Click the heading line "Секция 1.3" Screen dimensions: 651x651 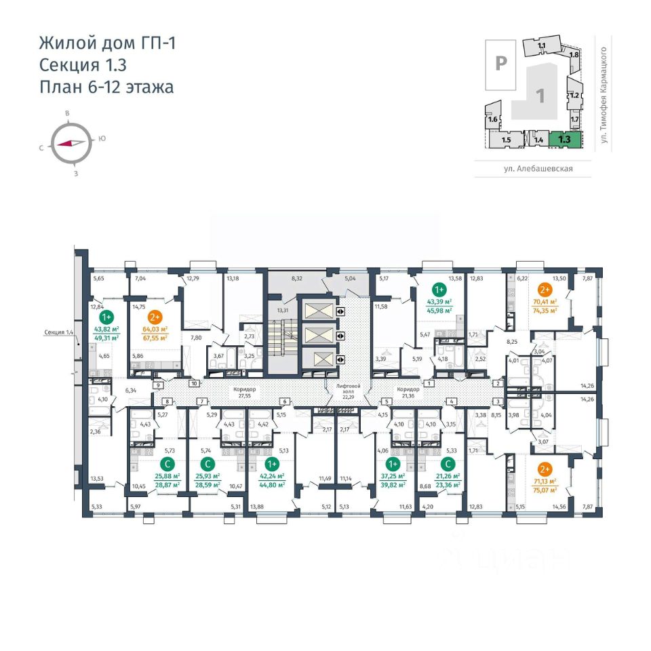pyautogui.click(x=83, y=65)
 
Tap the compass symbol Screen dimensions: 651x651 pyautogui.click(x=71, y=143)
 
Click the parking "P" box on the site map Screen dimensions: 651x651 pyautogui.click(x=501, y=64)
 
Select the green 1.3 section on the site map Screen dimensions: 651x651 pyautogui.click(x=564, y=139)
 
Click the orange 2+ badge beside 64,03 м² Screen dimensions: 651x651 pyautogui.click(x=154, y=317)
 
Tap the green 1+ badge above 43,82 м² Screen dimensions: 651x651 pyautogui.click(x=106, y=317)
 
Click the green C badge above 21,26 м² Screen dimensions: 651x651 pyautogui.click(x=447, y=464)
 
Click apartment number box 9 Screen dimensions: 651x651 pyautogui.click(x=158, y=385)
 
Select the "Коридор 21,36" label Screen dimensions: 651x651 pyautogui.click(x=408, y=393)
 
